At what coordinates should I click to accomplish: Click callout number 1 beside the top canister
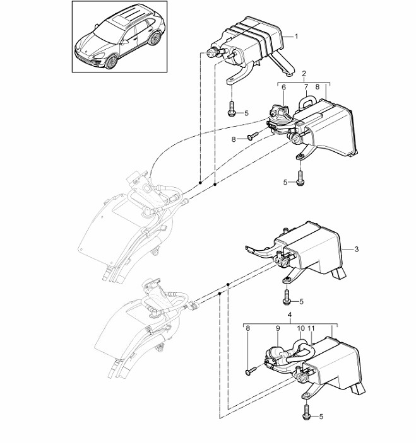[296, 36]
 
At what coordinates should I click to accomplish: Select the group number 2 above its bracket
[304, 74]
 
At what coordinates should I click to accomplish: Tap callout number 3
[356, 249]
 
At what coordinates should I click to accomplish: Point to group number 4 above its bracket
[290, 314]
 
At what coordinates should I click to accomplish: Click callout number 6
[283, 87]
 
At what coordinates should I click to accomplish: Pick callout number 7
[306, 87]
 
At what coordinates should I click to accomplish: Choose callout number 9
[278, 328]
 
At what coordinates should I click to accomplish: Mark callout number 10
[301, 328]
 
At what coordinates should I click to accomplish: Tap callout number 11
[311, 328]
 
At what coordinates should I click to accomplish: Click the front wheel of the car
[111, 62]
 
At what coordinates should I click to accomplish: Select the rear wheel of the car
[154, 38]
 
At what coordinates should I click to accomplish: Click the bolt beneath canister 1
[230, 109]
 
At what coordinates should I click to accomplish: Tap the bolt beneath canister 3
[286, 297]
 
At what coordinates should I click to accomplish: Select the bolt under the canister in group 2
[300, 178]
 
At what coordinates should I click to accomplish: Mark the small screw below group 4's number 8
[251, 371]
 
